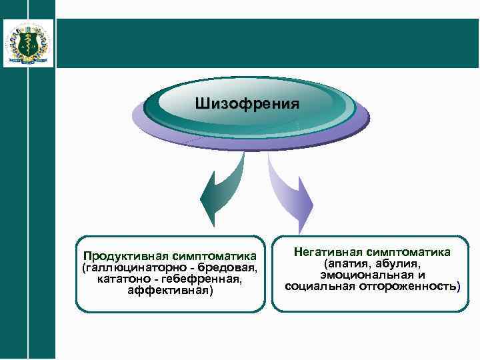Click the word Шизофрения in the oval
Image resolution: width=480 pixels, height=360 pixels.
coord(247,104)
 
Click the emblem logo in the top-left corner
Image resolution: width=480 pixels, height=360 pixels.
coord(28,43)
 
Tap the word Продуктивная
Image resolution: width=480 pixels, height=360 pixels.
coord(124,256)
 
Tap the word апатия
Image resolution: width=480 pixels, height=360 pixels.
coord(347,264)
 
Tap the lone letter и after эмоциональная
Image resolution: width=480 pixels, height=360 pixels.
coord(422,275)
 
